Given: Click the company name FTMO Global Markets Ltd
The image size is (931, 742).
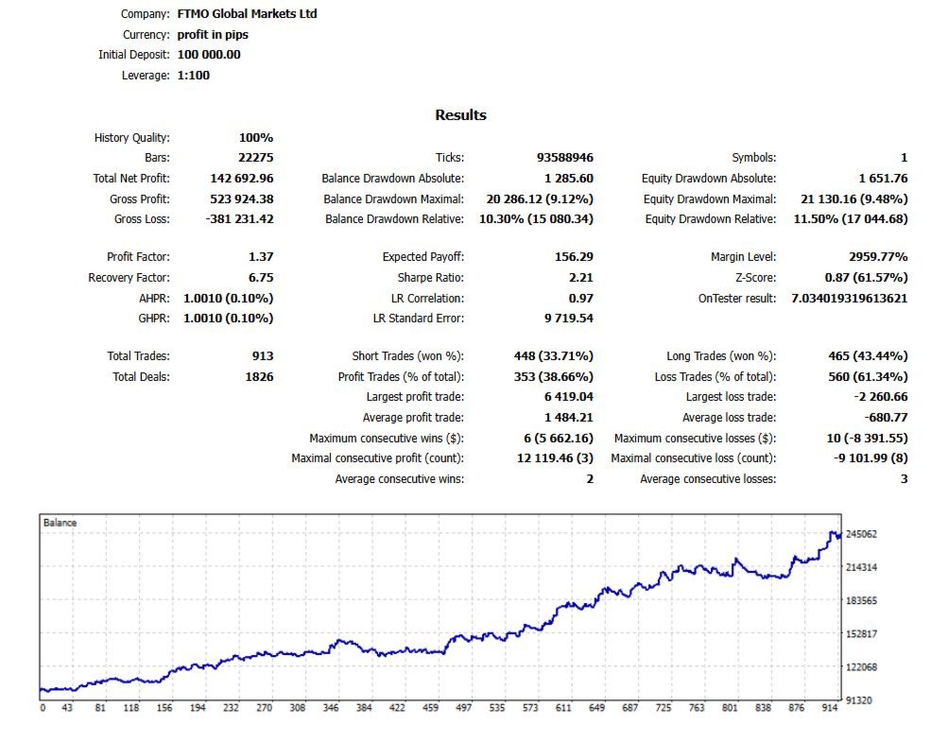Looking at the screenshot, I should (x=247, y=14).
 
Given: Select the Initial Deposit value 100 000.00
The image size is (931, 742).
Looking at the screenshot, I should (x=209, y=55).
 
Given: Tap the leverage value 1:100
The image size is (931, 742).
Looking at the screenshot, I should (x=194, y=76).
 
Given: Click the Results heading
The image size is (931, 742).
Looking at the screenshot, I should (x=460, y=115).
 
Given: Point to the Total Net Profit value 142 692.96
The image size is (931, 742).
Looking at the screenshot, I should (x=241, y=178).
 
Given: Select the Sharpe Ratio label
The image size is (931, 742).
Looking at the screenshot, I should (x=431, y=278).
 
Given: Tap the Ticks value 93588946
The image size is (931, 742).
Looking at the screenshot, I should (x=564, y=158).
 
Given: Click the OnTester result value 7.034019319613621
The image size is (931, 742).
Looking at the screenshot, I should (x=849, y=299).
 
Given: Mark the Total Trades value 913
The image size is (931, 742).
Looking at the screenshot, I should (x=263, y=356).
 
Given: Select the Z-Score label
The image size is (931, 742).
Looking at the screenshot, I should (x=754, y=278).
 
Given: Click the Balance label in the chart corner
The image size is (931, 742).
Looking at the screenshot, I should (x=60, y=523).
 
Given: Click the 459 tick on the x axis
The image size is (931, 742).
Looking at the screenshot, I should (x=430, y=708).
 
